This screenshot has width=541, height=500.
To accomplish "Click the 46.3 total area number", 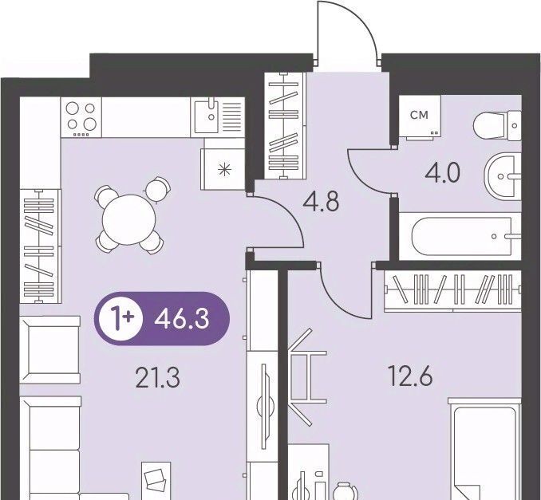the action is pyautogui.click(x=182, y=319).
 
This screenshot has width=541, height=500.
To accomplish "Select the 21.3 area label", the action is pyautogui.click(x=158, y=377).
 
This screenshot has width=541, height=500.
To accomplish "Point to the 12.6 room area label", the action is pyautogui.click(x=410, y=376).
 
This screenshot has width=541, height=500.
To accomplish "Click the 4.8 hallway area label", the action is pyautogui.click(x=321, y=202).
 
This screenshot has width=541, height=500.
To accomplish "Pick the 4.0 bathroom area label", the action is pyautogui.click(x=442, y=173).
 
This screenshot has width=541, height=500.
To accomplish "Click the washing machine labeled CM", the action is pyautogui.click(x=420, y=117).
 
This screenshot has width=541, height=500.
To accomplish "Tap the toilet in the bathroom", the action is pyautogui.click(x=497, y=125).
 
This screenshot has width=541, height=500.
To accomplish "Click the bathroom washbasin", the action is pyautogui.click(x=503, y=177).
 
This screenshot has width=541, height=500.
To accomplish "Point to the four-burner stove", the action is pyautogui.click(x=81, y=117).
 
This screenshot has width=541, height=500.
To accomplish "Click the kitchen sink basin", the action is pyautogui.click(x=207, y=116).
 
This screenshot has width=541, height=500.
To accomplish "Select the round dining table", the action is pyautogui.click(x=129, y=219).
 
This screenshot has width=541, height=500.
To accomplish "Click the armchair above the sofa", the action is pyautogui.click(x=50, y=350).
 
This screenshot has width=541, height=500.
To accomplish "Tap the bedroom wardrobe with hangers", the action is pyautogui.click(x=452, y=291).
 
